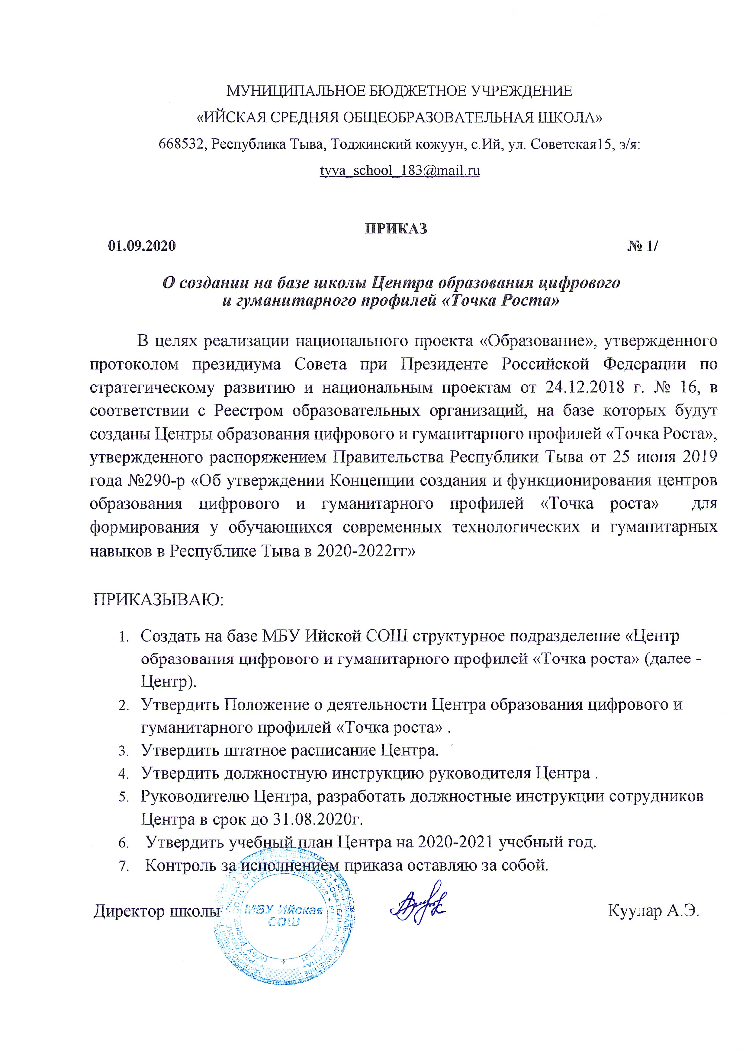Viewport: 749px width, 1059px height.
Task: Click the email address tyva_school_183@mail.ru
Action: pyautogui.click(x=400, y=171)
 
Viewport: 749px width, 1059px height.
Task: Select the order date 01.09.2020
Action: pyautogui.click(x=142, y=246)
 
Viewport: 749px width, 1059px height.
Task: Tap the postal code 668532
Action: pyautogui.click(x=181, y=144)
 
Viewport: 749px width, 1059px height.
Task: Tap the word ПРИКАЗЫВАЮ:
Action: pyautogui.click(x=158, y=600)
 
